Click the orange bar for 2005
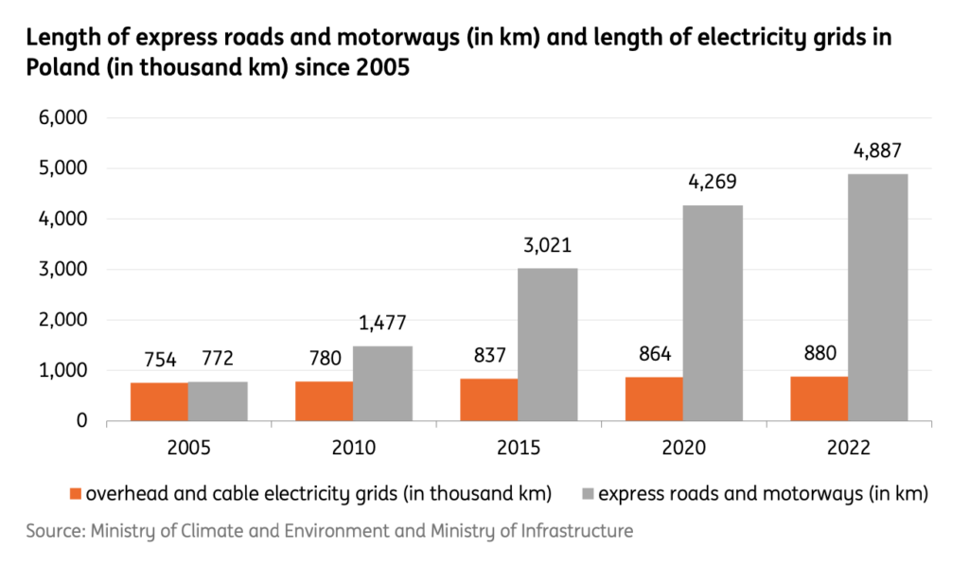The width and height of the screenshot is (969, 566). tap(159, 401)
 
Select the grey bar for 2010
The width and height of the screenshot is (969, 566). tap(382, 383)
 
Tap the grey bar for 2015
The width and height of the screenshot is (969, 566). tap(548, 345)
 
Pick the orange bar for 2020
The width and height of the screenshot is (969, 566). tap(654, 398)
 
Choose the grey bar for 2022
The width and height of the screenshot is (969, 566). tap(877, 297)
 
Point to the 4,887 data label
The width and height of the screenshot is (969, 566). tap(877, 150)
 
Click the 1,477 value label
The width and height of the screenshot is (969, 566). tap(382, 323)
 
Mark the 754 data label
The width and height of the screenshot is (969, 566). tap(159, 359)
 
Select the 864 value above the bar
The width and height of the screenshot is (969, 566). tap(654, 354)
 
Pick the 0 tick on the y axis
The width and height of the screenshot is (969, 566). tap(81, 421)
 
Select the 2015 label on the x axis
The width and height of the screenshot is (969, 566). tap(519, 448)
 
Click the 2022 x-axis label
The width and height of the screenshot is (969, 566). tap(849, 448)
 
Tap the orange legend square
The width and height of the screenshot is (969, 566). tap(77, 492)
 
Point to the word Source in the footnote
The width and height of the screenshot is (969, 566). tap(55, 531)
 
